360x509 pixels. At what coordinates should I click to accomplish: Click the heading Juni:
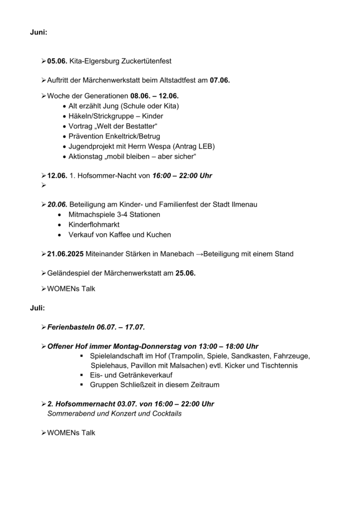[39, 32]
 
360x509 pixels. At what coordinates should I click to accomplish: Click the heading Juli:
[37, 308]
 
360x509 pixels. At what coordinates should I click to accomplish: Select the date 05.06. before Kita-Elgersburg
[57, 61]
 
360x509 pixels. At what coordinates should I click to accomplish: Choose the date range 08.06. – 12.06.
[154, 96]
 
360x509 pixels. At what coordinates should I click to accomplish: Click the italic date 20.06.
[57, 205]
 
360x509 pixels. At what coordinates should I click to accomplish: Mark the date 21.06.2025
[66, 254]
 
